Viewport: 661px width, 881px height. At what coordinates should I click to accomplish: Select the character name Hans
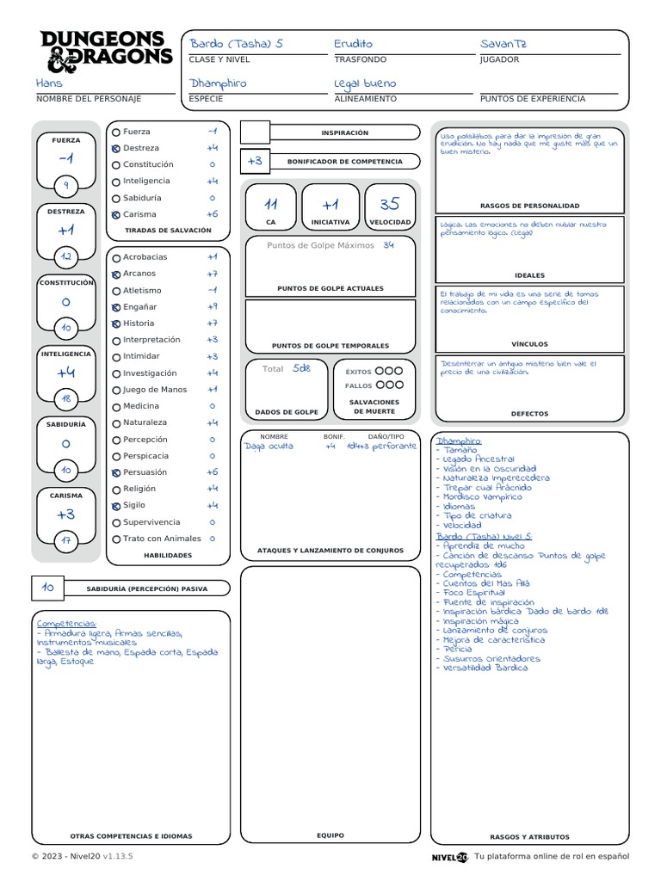[49, 83]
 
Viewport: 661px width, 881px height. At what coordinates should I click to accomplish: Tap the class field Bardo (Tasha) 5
[236, 44]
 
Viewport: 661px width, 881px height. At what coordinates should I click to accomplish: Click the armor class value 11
[271, 205]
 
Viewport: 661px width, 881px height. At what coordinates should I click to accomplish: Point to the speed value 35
[389, 205]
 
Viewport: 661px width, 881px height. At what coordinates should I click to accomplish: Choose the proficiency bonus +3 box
[255, 161]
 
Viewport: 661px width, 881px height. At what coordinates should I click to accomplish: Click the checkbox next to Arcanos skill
[116, 274]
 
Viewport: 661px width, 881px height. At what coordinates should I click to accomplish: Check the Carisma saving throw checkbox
[116, 214]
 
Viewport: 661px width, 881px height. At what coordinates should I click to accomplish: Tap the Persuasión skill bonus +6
[212, 472]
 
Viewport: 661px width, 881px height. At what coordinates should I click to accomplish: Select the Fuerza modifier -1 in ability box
[65, 159]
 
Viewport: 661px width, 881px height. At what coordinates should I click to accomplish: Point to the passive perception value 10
[48, 588]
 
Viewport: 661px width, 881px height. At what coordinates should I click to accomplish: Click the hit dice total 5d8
[300, 368]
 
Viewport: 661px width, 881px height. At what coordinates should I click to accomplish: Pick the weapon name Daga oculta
[269, 446]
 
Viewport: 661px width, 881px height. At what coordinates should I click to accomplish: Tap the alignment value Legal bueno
[365, 83]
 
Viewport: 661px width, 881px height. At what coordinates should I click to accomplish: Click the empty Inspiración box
[255, 132]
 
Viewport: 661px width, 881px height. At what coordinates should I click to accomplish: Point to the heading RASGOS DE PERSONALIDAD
[529, 206]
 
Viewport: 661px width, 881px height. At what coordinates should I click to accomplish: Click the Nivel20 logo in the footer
[450, 857]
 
